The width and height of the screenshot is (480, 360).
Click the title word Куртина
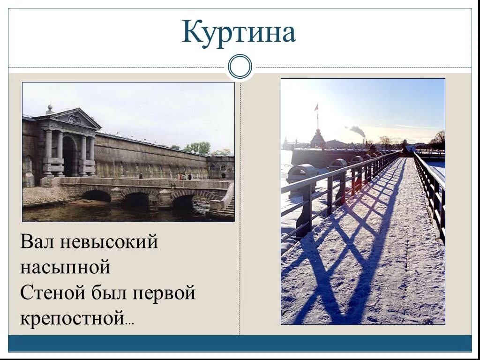(239, 33)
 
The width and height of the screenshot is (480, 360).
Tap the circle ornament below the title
(240, 67)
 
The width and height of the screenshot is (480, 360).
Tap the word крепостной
(71, 319)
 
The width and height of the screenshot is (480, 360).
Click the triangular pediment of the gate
(74, 119)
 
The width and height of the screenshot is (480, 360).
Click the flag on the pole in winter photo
(316, 107)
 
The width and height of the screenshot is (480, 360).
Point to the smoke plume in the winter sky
(357, 130)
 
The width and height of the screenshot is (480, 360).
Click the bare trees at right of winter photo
(439, 139)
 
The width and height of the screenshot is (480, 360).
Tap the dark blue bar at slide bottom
(240, 343)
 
